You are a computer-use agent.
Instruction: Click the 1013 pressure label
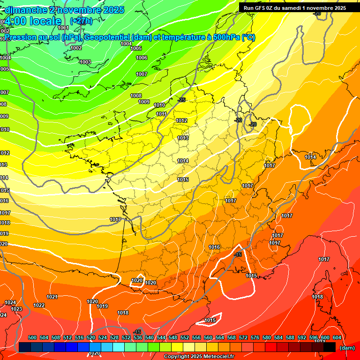pyautogui.click(x=183, y=138)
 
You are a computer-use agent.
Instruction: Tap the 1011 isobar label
pyautogui.click(x=161, y=114)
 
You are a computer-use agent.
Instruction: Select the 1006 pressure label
pyautogui.click(x=142, y=58)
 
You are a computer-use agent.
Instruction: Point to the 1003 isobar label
pyautogui.click(x=85, y=62)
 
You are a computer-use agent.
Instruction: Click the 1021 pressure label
pyautogui.click(x=52, y=297)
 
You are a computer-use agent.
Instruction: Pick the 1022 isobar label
pyautogui.click(x=39, y=306)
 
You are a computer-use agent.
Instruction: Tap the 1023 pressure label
pyautogui.click(x=16, y=309)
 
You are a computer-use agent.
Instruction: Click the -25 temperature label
pyautogui.click(x=182, y=100)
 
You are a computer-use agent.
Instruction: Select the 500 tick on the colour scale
pyautogui.click(x=32, y=337)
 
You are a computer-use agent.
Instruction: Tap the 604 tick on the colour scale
pyautogui.click(x=337, y=337)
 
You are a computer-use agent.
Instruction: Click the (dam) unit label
pyautogui.click(x=347, y=348)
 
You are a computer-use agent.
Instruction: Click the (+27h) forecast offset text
pyautogui.click(x=81, y=21)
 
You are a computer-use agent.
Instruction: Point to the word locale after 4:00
pyautogui.click(x=45, y=21)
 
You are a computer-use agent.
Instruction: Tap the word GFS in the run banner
pyautogui.click(x=262, y=7)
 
